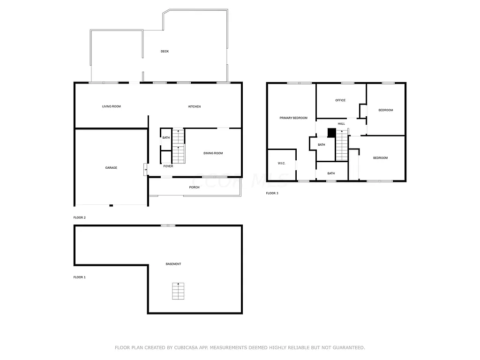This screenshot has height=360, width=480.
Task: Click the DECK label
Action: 165,52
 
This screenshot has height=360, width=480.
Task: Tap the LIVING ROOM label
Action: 112,106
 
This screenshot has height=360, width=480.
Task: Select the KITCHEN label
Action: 195,106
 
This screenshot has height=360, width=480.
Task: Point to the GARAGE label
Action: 111,168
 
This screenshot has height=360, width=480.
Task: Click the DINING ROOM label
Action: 213,153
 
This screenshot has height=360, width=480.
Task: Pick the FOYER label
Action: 168,166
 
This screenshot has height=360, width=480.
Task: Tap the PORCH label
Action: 194,187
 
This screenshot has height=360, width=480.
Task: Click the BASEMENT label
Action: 173,264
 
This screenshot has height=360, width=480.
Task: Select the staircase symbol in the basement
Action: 178,291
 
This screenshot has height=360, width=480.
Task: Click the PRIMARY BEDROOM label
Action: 293,118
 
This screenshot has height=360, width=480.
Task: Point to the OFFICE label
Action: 340,100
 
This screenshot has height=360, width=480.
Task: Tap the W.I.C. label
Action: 282,164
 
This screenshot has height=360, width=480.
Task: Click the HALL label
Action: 341,124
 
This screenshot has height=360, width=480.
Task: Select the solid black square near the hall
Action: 331,133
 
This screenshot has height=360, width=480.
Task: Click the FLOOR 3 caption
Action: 272,193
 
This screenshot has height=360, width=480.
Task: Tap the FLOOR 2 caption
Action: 80,217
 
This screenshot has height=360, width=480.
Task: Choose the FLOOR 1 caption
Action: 80,277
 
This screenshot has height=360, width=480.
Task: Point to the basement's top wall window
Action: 168,226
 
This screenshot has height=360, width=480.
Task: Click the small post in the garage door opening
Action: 111,205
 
